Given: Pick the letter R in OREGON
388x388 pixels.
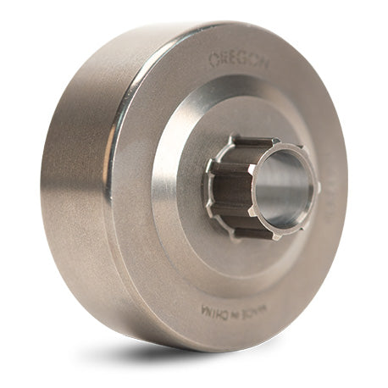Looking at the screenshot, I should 223,60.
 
